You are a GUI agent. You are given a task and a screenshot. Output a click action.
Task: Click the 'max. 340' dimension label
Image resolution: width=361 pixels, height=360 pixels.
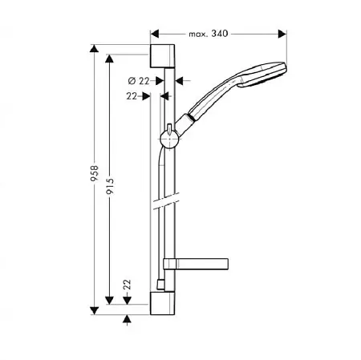[209, 34]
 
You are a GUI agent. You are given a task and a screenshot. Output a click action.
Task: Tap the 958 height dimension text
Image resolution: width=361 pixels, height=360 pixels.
[94, 173]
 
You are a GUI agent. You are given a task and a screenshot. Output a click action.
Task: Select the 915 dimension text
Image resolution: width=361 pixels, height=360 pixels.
[110, 186]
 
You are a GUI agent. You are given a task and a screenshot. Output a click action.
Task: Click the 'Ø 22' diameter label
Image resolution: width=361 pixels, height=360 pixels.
[139, 80]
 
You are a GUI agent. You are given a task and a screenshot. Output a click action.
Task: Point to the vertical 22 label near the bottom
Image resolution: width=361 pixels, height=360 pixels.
[128, 285]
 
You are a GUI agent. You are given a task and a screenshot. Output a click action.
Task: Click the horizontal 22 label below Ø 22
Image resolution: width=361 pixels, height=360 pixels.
[132, 96]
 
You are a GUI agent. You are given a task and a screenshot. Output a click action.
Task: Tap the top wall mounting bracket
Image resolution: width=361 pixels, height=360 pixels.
[162, 56]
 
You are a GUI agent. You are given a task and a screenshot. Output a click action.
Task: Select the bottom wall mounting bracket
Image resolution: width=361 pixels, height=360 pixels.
[162, 303]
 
